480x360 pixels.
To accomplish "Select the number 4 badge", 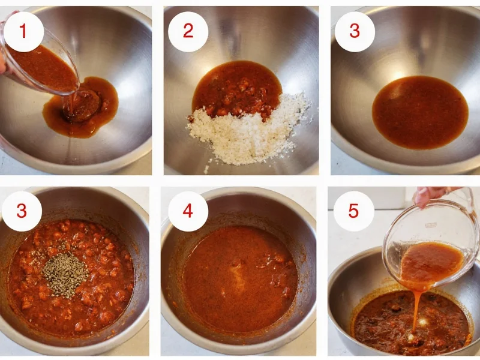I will coord(188,211).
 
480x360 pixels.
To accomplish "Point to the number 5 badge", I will coord(354,211).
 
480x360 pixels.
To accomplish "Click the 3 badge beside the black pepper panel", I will coord(22,211).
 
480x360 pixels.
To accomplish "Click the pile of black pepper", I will coord(64,275).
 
